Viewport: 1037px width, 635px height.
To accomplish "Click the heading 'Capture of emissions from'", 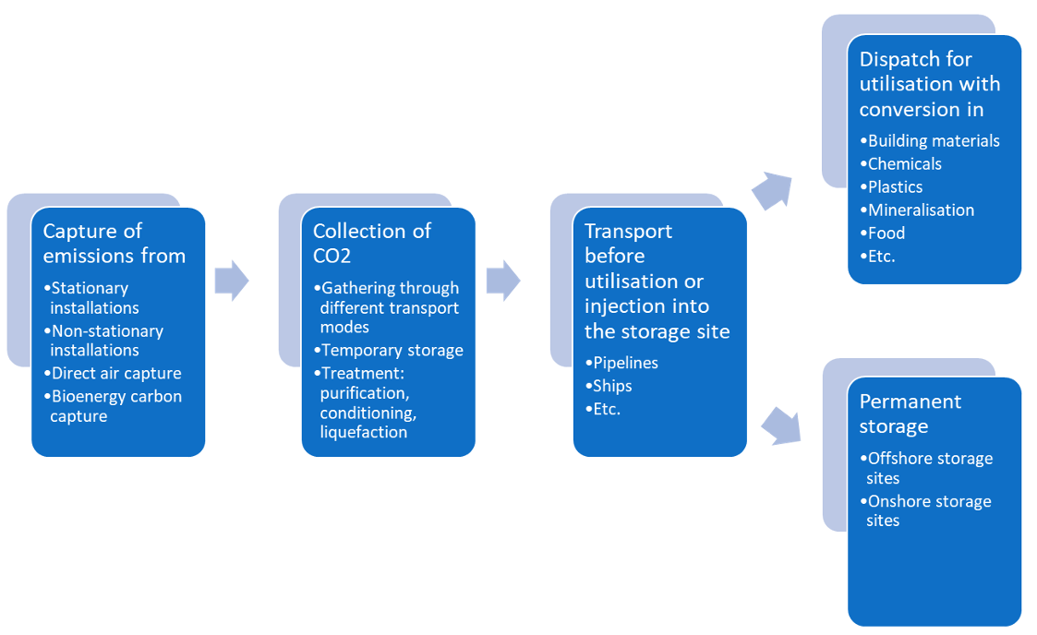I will [114, 243].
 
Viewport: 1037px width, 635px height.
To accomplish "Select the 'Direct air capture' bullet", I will [115, 373].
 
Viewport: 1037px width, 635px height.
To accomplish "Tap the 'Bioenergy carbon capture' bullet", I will [115, 406].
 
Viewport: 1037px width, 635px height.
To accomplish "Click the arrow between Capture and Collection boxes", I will [232, 280].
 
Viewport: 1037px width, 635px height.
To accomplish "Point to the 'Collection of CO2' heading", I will [371, 243].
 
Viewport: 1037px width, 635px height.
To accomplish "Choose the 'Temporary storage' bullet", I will [392, 350].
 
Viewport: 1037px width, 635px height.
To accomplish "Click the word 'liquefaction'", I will [363, 432].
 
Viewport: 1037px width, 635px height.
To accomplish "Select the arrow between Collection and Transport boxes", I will [503, 280].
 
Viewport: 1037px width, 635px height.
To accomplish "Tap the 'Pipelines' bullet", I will [625, 363].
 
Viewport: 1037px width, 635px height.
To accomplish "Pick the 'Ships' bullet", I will [612, 386].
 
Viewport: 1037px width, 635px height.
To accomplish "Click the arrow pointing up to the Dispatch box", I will [772, 190].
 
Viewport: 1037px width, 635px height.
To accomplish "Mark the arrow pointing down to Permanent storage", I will [780, 424].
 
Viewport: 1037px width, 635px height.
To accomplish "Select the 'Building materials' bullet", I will [934, 140].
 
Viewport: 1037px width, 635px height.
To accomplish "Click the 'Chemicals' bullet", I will [904, 163].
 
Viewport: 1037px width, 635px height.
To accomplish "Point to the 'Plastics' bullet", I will [895, 186].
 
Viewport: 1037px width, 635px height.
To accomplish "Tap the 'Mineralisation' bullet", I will [921, 210].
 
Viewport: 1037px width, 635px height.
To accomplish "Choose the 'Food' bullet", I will [886, 233].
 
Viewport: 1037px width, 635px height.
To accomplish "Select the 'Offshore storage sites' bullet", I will [929, 468].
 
